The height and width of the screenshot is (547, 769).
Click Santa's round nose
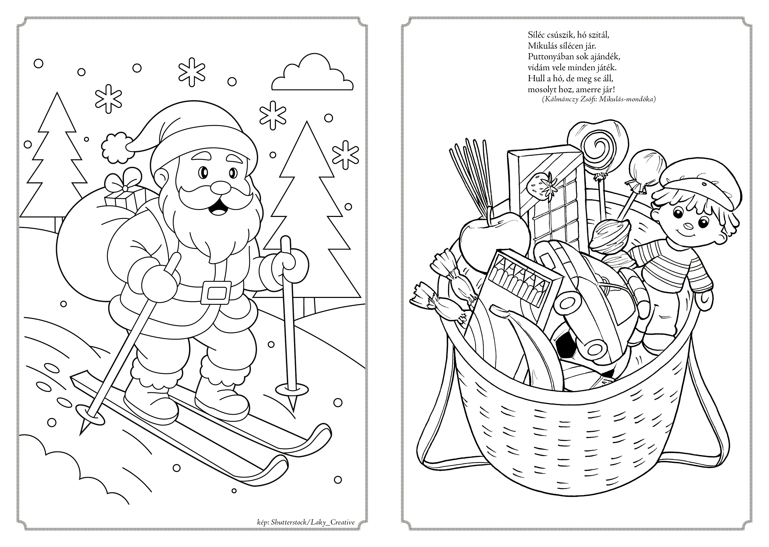click(x=220, y=188)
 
